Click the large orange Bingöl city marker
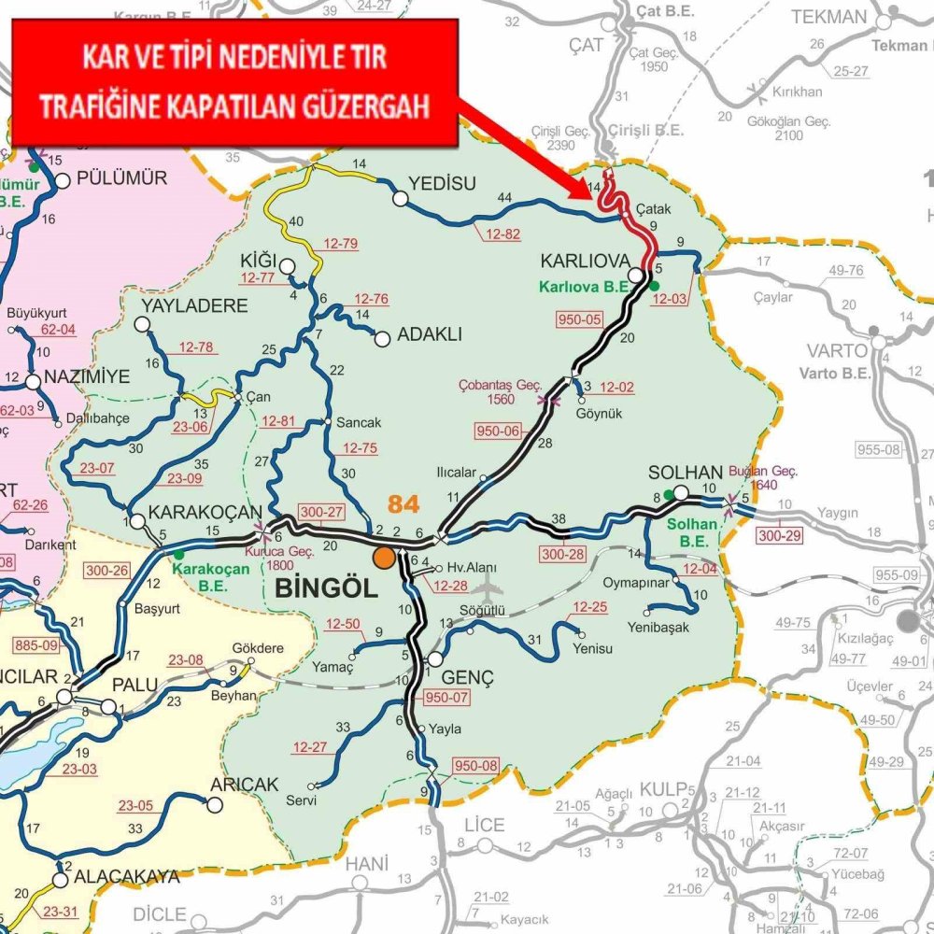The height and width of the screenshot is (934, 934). [384, 558]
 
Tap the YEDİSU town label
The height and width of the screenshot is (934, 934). [443, 183]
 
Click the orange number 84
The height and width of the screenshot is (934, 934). [403, 504]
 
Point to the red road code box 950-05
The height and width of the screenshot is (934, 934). [579, 319]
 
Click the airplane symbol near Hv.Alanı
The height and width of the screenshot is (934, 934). [487, 587]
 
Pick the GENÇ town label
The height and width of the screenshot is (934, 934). [470, 677]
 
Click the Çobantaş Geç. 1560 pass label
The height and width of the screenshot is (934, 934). [500, 391]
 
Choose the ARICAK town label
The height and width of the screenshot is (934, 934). [246, 785]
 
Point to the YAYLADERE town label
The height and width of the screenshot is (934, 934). [194, 305]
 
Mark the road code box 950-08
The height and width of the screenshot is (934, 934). [475, 766]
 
